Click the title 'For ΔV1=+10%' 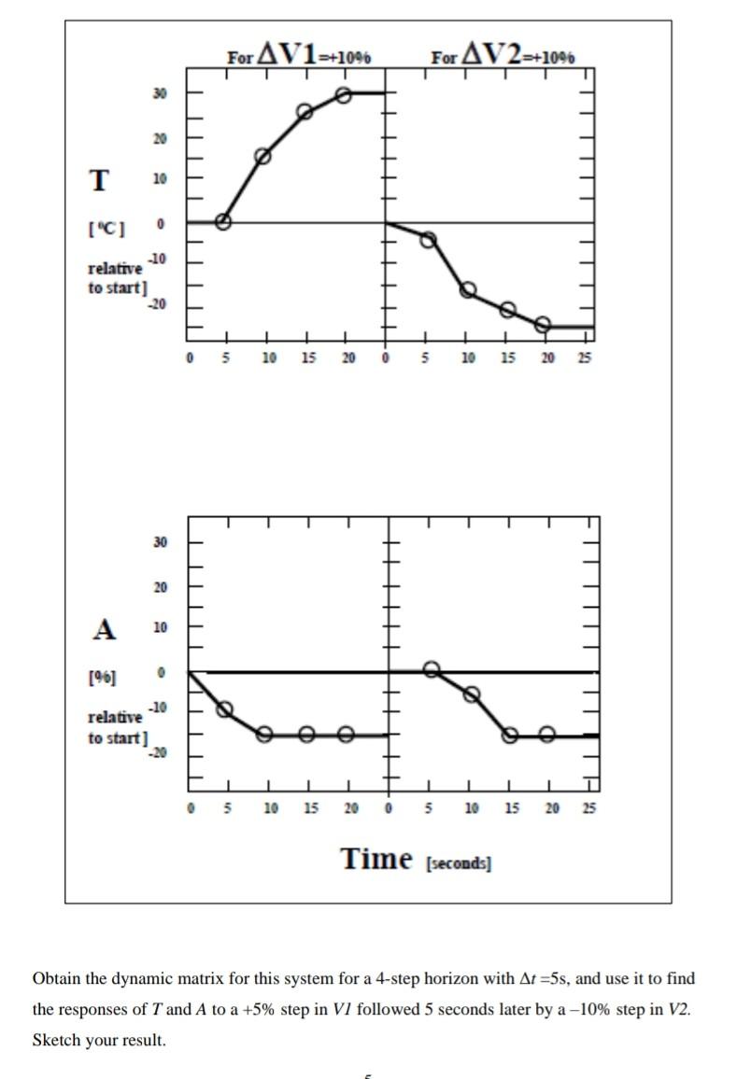point(299,55)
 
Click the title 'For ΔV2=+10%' point(503,55)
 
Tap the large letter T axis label point(98,179)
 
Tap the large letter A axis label point(105,630)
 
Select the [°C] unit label point(108,227)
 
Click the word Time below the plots point(376,859)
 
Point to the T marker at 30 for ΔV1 point(343,95)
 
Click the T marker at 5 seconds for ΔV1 point(222,222)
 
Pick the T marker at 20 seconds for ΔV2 point(543,325)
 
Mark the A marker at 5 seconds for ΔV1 point(225,709)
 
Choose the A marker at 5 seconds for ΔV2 point(432,669)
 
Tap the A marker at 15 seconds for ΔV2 point(510,735)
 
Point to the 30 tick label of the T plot point(161,93)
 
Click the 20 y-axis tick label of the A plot point(161,587)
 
